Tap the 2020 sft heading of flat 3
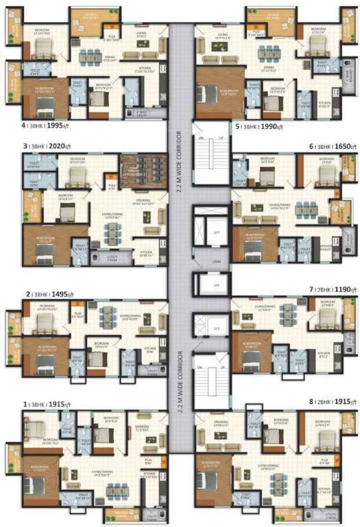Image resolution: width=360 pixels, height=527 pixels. (x=58, y=147)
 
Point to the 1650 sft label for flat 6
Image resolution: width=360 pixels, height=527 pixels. (x=337, y=147)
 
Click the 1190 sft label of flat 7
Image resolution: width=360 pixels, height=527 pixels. (x=337, y=291)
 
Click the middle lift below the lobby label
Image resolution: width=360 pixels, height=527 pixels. (x=217, y=284)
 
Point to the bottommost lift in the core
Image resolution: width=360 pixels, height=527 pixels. (x=217, y=326)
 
